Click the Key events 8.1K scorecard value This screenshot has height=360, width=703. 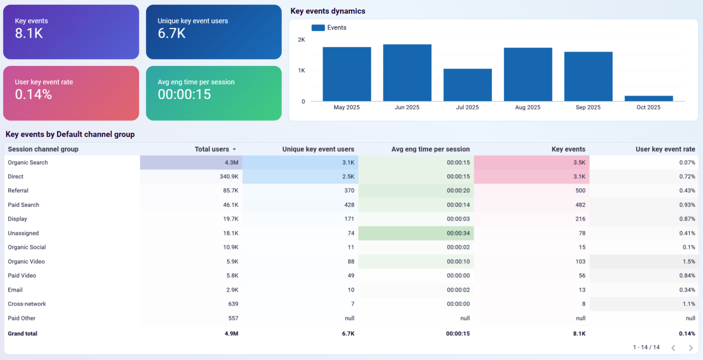pyautogui.click(x=29, y=33)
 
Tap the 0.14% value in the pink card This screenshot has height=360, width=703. pyautogui.click(x=33, y=95)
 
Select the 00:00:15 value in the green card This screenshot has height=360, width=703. pyautogui.click(x=184, y=95)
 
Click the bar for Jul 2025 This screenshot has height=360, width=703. pyautogui.click(x=467, y=85)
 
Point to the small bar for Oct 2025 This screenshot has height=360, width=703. pyautogui.click(x=648, y=98)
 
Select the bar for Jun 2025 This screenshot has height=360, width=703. pyautogui.click(x=407, y=73)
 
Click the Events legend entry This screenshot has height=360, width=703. pyautogui.click(x=329, y=28)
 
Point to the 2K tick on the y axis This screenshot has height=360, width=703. pyautogui.click(x=301, y=40)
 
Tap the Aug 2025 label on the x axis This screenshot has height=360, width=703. pyautogui.click(x=528, y=107)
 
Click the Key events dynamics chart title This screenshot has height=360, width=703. pyautogui.click(x=328, y=11)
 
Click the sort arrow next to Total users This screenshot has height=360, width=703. pyautogui.click(x=234, y=149)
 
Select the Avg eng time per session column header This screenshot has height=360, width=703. pyautogui.click(x=430, y=149)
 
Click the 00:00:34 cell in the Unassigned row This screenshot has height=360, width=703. pyautogui.click(x=458, y=233)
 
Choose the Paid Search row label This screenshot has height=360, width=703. pyautogui.click(x=24, y=205)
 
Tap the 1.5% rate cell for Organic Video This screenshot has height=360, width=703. pyautogui.click(x=689, y=262)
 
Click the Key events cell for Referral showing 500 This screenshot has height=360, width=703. pyautogui.click(x=580, y=191)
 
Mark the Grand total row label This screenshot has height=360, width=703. pyautogui.click(x=23, y=333)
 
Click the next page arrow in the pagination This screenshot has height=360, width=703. pyautogui.click(x=691, y=348)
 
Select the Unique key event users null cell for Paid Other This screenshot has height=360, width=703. pyautogui.click(x=349, y=318)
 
